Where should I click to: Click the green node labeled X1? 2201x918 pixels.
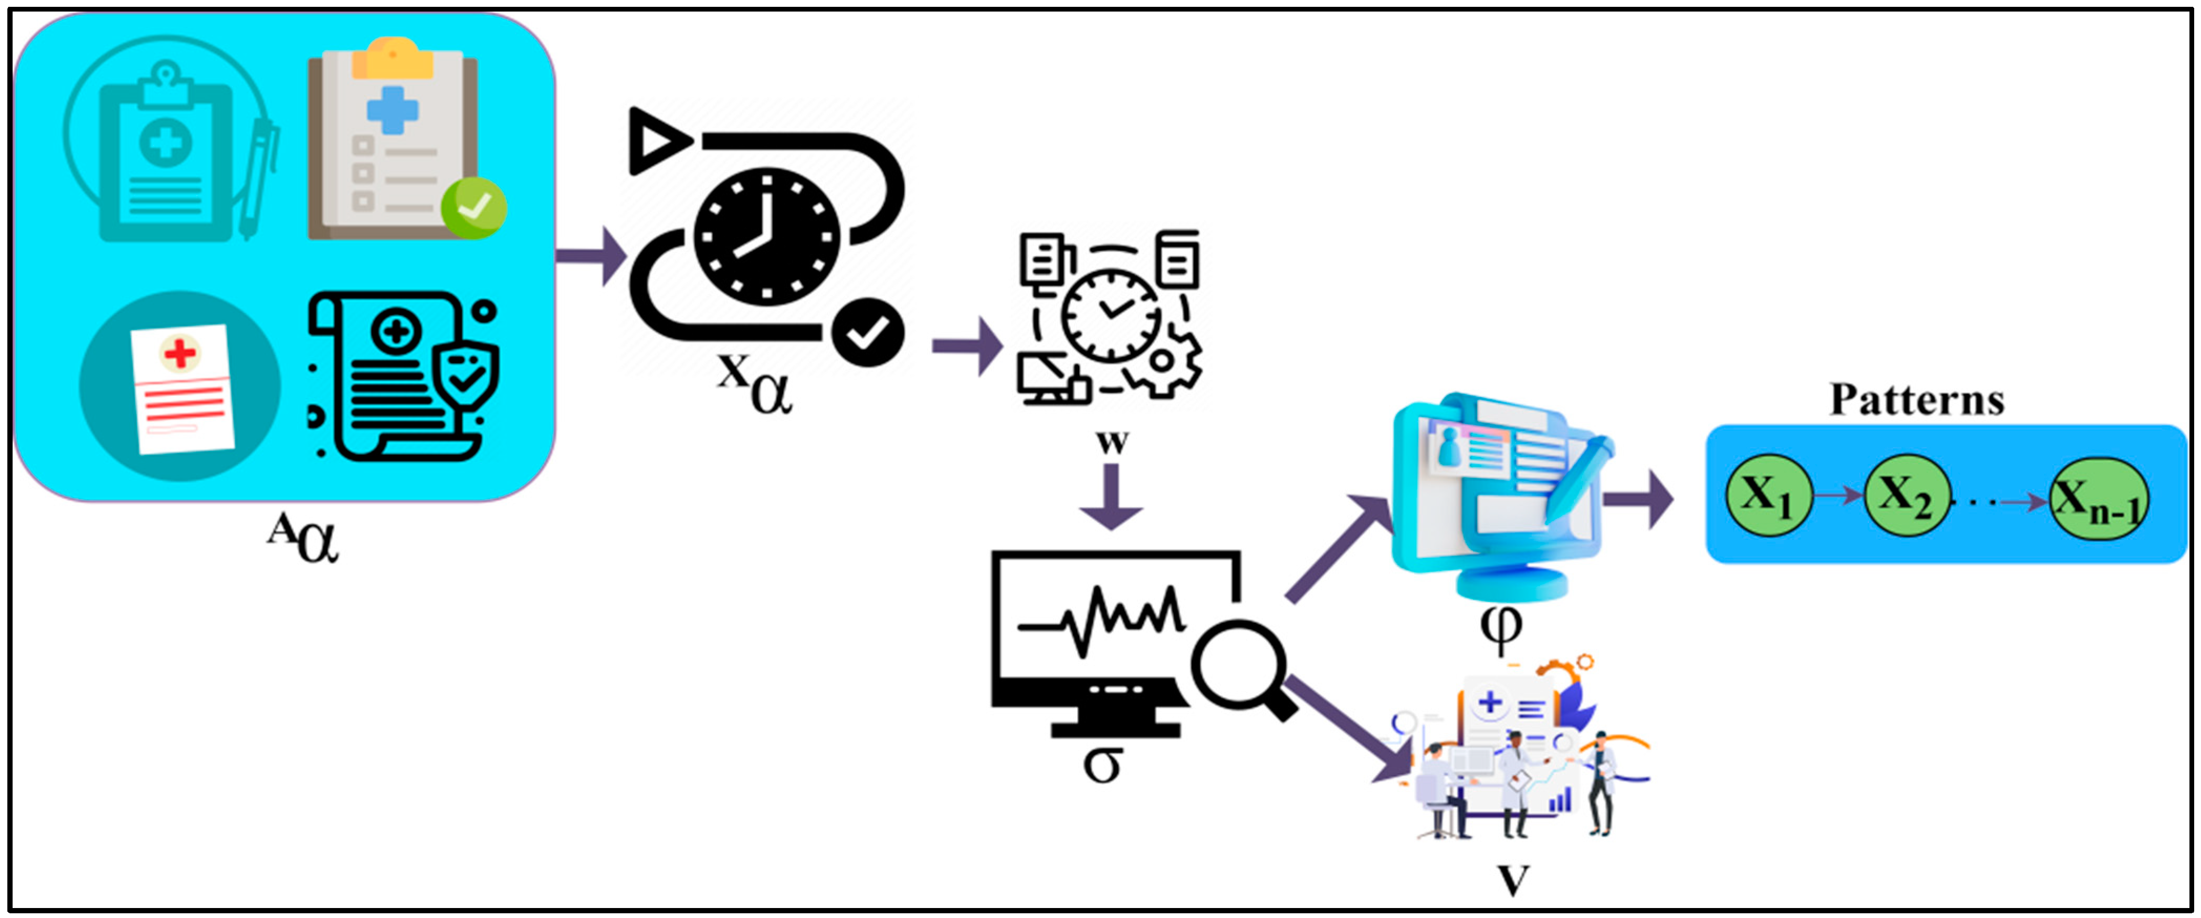(1768, 496)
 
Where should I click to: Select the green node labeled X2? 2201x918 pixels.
(1907, 496)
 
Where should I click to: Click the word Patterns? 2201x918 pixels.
(1916, 400)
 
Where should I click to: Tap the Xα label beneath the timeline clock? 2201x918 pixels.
(754, 384)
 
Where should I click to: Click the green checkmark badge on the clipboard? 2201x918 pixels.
(474, 207)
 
